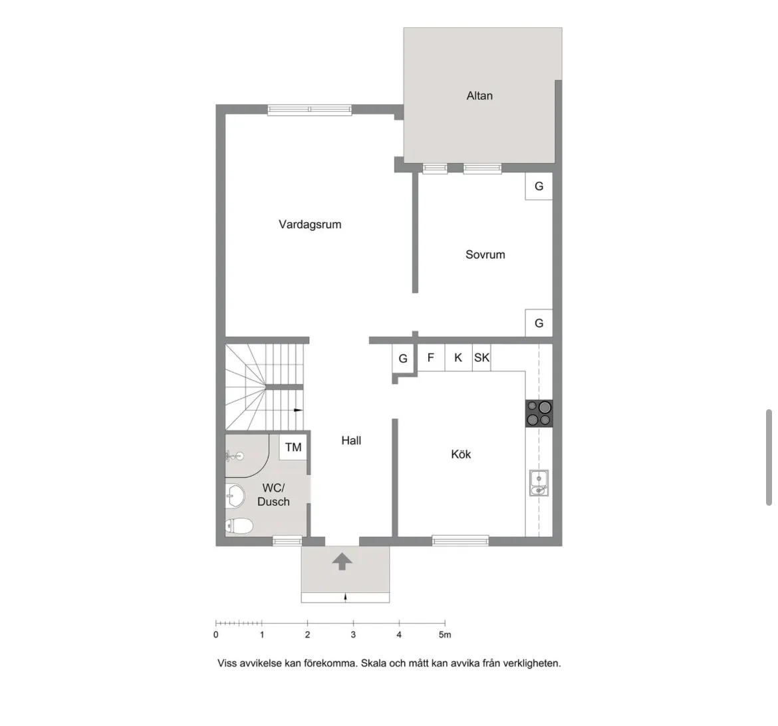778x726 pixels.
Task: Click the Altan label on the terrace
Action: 479,96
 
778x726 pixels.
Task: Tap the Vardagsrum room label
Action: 310,224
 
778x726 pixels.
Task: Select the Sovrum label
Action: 485,254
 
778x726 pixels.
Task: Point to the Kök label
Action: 461,454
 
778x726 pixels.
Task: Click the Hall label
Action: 351,440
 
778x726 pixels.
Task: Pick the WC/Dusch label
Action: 273,495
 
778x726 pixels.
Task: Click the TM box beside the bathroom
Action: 293,447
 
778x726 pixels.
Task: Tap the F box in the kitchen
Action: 431,357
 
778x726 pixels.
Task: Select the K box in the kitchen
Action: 458,357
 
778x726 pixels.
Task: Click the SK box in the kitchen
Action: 481,357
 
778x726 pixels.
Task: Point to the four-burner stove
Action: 539,413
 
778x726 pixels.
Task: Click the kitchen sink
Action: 539,482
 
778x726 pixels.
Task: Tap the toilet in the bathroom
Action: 239,526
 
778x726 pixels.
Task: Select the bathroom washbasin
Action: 235,495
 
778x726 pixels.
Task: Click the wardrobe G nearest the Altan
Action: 539,186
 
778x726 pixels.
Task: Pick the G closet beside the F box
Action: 403,359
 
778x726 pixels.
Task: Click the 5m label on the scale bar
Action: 444,635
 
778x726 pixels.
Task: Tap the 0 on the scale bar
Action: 216,635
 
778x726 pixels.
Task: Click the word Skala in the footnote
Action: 374,663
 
